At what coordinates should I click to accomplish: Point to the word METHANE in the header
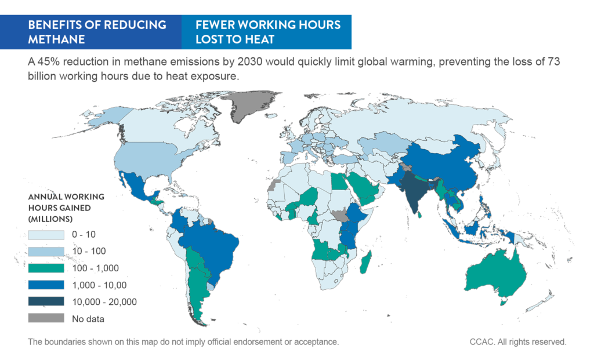56,39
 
